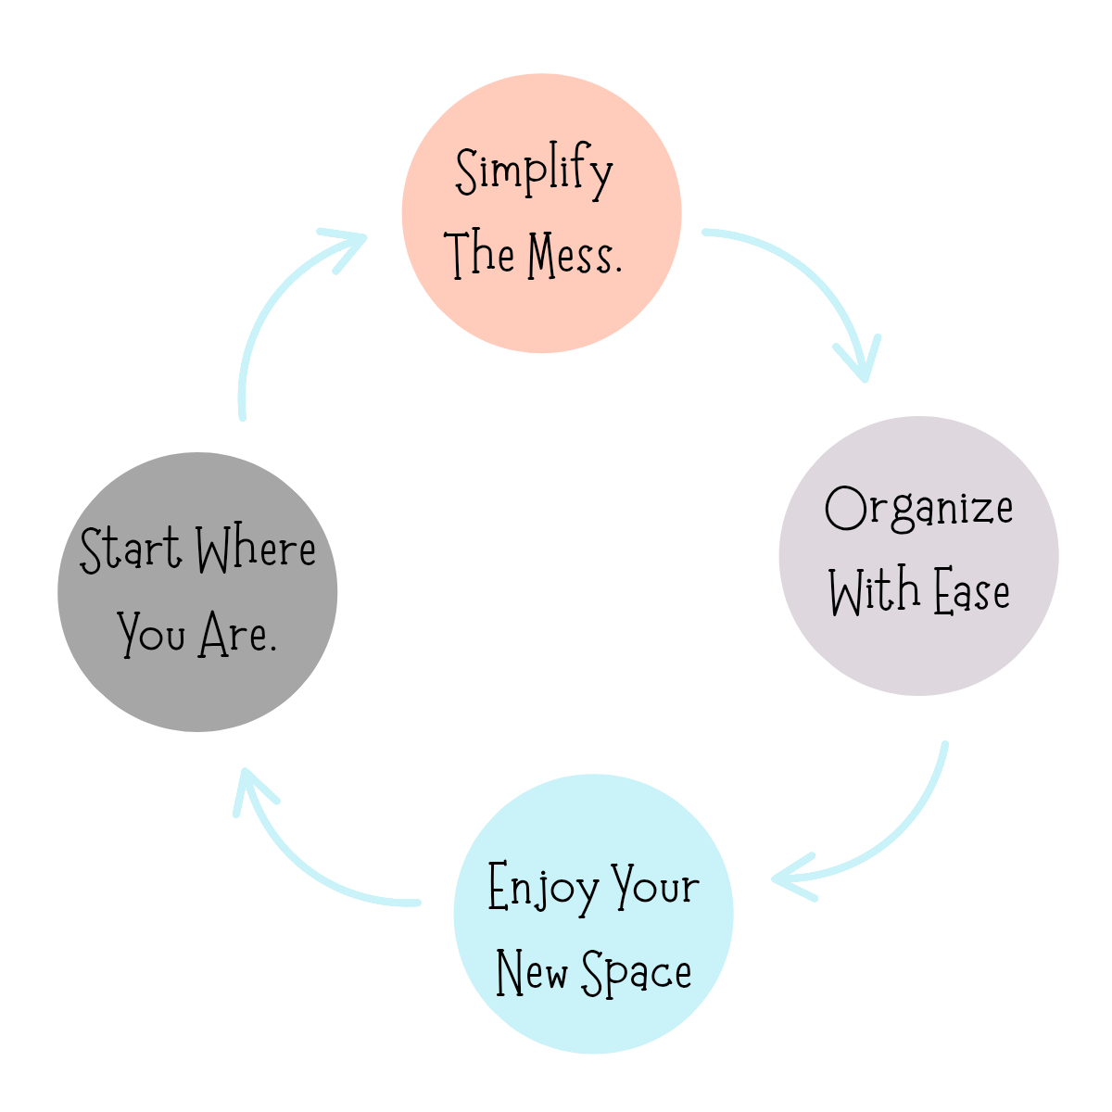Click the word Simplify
534,172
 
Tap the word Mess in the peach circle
575,255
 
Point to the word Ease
971,592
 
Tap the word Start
131,550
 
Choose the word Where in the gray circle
257,550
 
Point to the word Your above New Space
656,888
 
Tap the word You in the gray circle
152,636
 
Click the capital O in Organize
844,509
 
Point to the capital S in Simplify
468,171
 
